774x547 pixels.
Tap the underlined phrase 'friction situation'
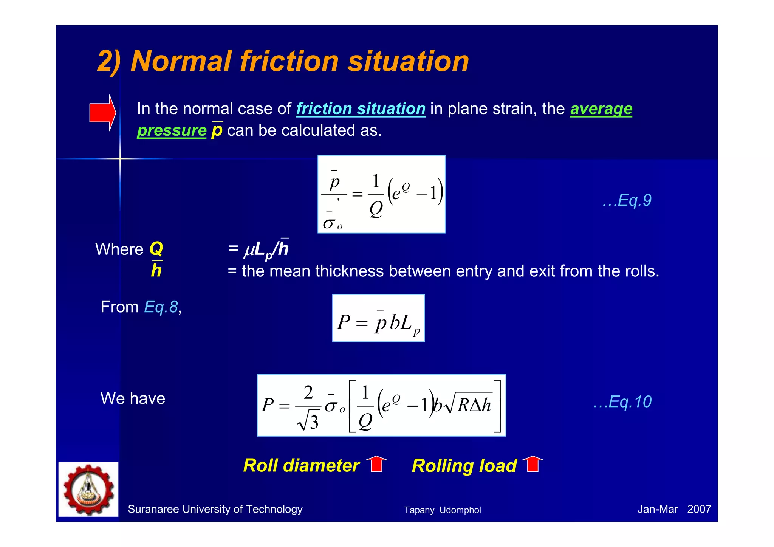(361, 109)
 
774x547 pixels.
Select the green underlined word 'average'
(601, 109)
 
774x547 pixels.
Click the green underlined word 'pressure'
(172, 130)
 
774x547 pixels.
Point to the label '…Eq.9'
(627, 200)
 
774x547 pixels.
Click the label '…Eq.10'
(622, 401)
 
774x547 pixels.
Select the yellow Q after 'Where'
(156, 249)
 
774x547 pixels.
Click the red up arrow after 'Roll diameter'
(376, 464)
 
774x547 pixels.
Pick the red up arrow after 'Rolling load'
(533, 464)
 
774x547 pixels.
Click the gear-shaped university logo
(88, 489)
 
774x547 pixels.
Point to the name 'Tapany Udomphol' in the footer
(442, 510)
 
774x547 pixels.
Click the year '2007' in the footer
(699, 509)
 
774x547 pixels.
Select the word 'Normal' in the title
(181, 61)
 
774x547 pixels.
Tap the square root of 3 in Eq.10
(308, 421)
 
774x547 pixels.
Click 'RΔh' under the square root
(474, 405)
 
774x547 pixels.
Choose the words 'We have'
(133, 398)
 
